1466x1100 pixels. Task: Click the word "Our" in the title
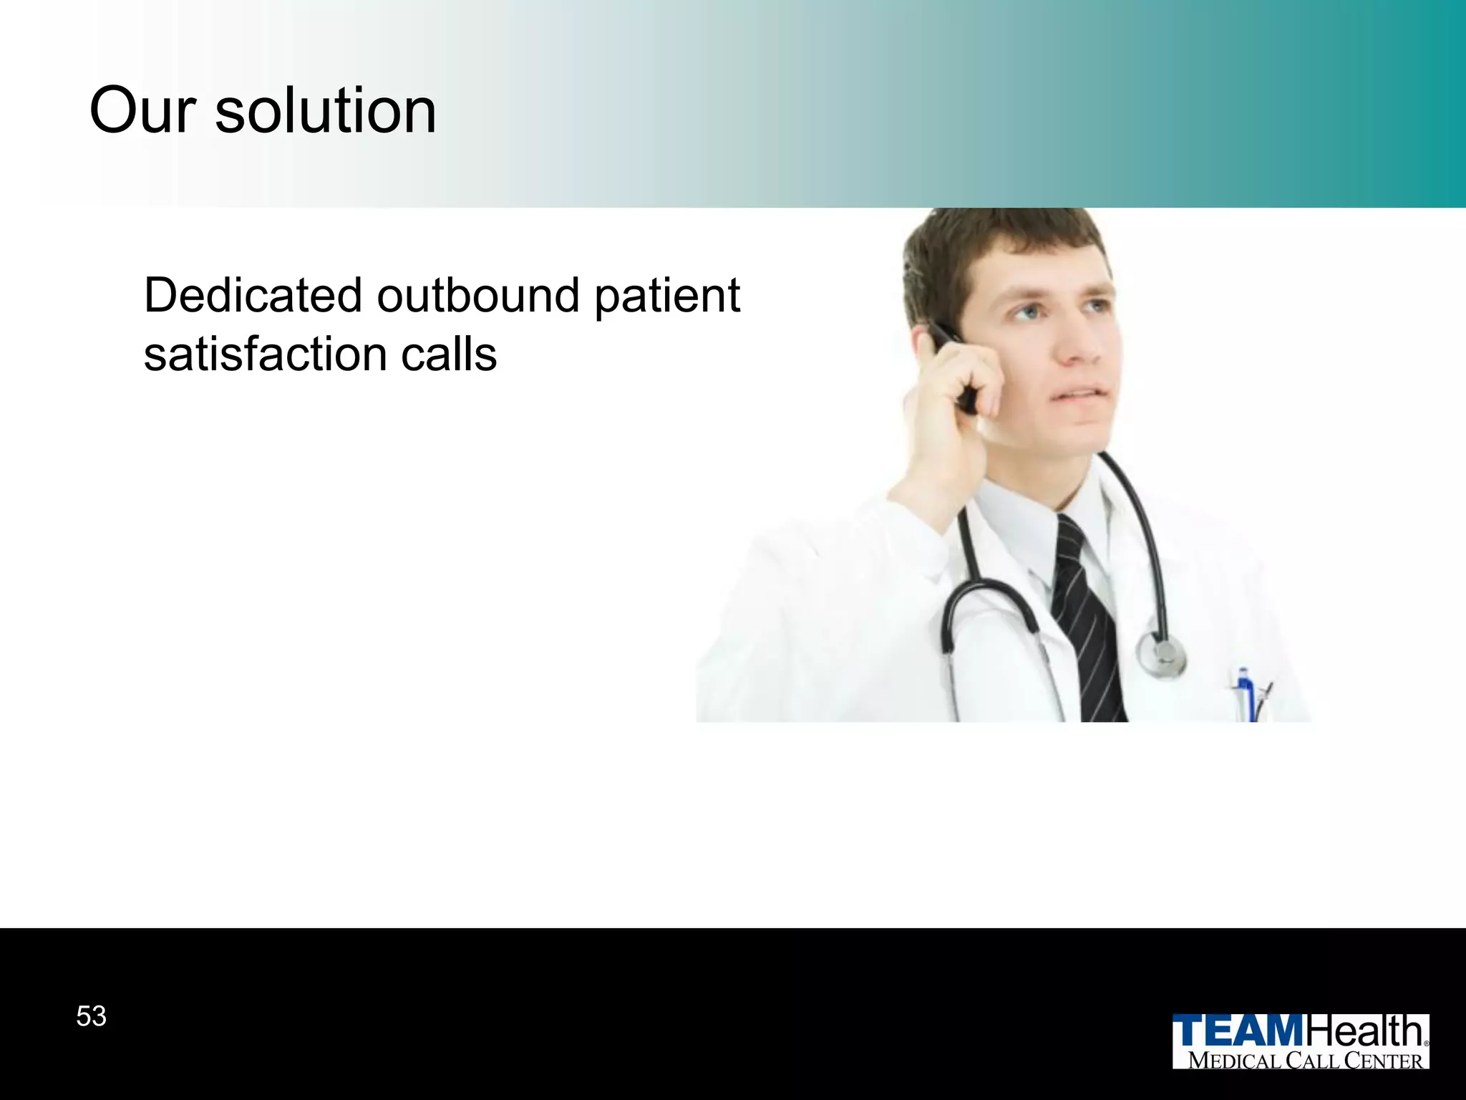(142, 111)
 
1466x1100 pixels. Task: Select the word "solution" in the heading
(326, 111)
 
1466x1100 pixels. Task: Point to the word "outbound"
(478, 295)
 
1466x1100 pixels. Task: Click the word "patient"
(667, 296)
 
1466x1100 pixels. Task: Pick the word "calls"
(449, 354)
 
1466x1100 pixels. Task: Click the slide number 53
(91, 1016)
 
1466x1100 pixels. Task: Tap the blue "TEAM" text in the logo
(1239, 1032)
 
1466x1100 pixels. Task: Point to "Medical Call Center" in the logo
(1305, 1061)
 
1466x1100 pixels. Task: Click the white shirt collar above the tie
(1024, 516)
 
